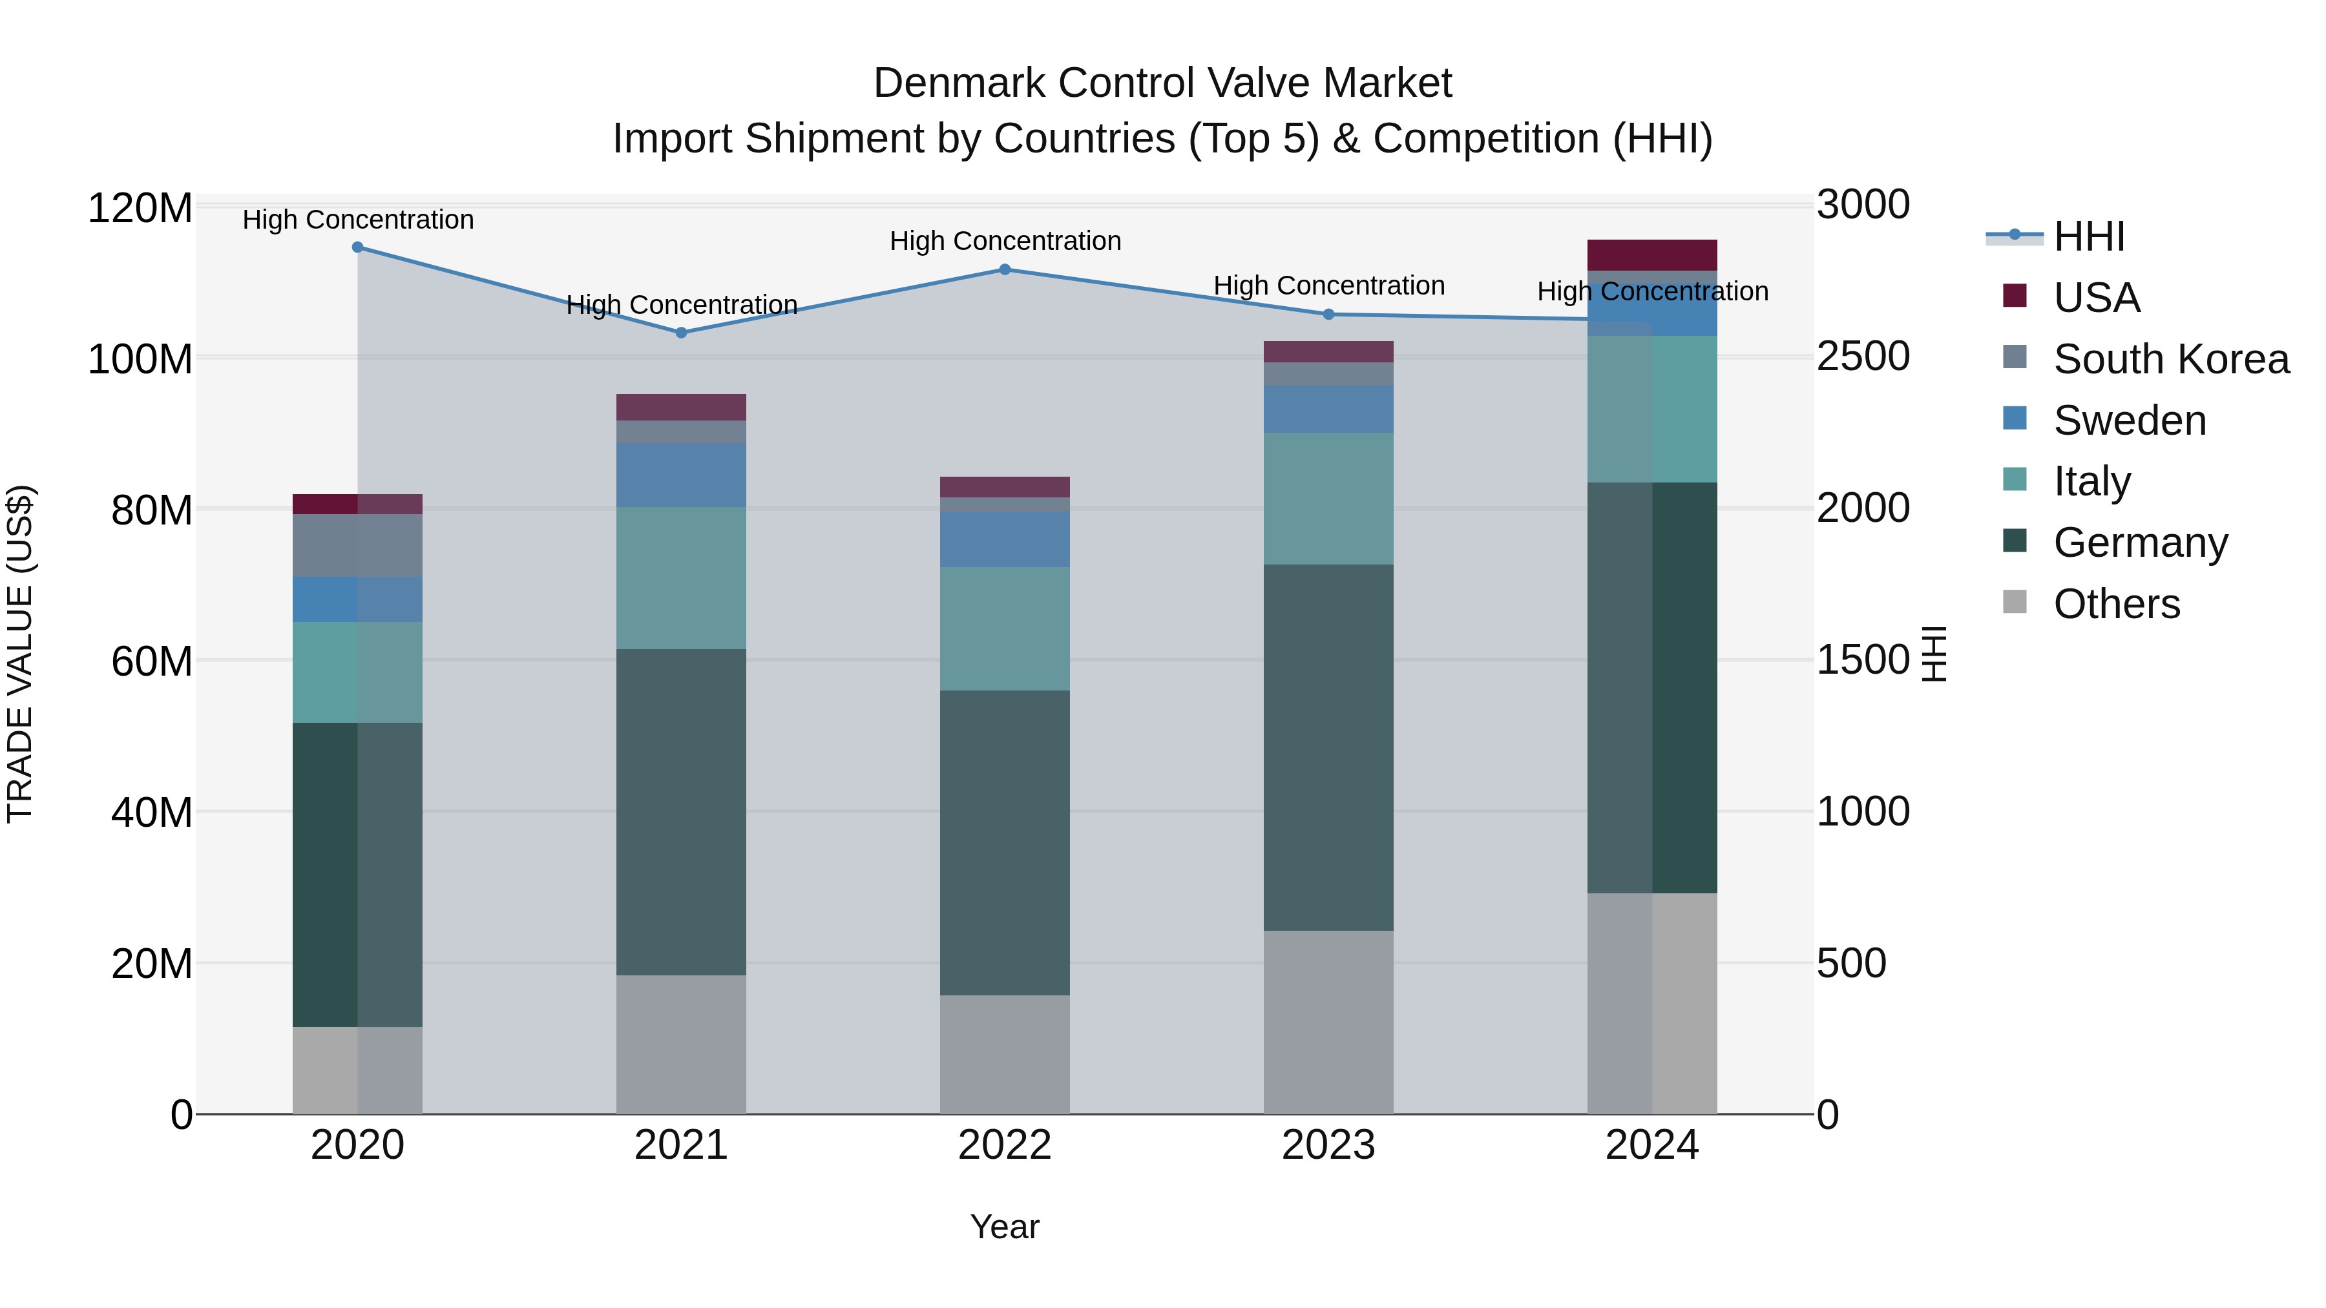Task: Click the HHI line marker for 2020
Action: point(357,247)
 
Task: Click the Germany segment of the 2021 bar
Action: point(682,813)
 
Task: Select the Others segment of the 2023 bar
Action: point(1328,1023)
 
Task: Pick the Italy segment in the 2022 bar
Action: point(1005,629)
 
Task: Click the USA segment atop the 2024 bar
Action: point(1652,255)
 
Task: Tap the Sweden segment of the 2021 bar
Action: point(682,475)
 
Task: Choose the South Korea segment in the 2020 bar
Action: point(357,546)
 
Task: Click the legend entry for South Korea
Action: point(2171,359)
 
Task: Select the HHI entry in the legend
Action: point(2088,238)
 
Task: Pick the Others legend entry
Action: point(2115,604)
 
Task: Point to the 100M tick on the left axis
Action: point(140,359)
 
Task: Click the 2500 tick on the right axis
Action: point(1863,357)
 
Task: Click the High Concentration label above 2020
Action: point(357,220)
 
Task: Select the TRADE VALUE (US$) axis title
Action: point(20,654)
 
